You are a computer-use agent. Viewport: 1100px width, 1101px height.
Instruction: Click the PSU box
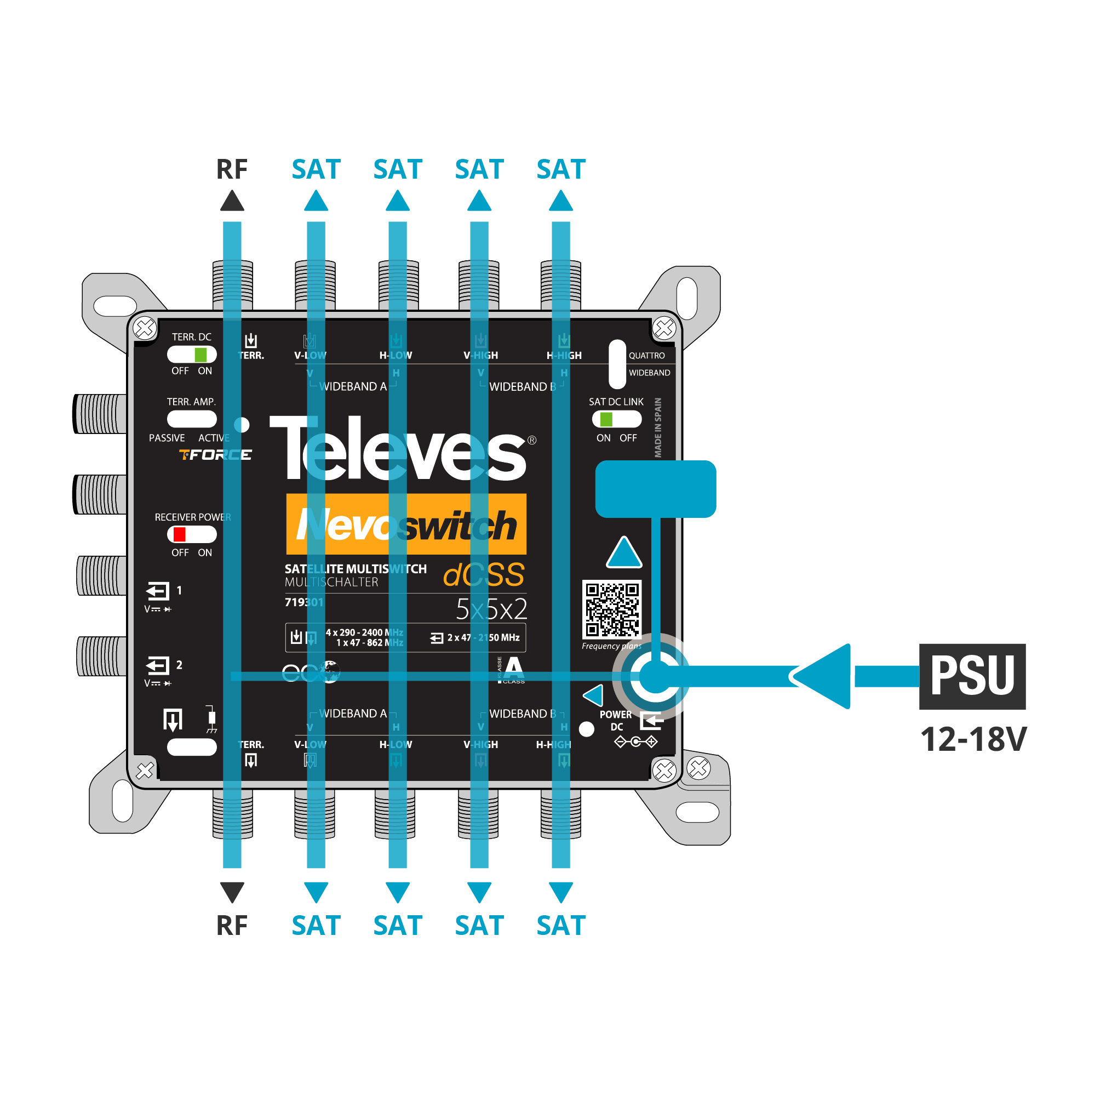click(x=972, y=676)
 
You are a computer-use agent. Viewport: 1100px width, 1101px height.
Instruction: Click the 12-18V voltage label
click(x=973, y=739)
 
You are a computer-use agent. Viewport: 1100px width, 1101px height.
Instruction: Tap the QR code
click(x=612, y=609)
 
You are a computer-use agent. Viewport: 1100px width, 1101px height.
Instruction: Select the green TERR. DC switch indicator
click(x=200, y=355)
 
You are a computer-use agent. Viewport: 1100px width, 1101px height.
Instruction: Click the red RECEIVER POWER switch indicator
click(x=180, y=534)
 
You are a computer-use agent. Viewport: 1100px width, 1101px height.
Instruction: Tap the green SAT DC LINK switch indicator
click(x=606, y=419)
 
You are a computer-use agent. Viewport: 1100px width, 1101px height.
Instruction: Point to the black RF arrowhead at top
click(x=232, y=201)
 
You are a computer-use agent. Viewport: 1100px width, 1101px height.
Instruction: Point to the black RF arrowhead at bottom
click(x=232, y=891)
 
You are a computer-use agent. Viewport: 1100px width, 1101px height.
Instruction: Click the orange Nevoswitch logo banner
click(x=405, y=524)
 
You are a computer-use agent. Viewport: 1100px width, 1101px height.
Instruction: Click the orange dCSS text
click(x=484, y=574)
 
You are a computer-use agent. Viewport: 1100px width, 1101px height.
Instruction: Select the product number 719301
click(x=303, y=602)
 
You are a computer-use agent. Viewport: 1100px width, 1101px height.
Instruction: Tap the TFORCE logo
click(x=215, y=455)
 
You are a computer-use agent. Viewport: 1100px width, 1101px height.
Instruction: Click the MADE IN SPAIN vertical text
click(x=658, y=427)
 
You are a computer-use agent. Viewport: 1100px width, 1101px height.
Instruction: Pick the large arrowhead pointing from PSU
click(x=823, y=676)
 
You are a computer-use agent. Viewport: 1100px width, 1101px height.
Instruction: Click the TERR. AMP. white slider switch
click(x=191, y=419)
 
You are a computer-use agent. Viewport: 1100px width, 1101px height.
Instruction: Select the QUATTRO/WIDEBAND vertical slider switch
click(x=617, y=364)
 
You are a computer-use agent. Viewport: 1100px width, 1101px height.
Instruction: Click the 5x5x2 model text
click(x=491, y=609)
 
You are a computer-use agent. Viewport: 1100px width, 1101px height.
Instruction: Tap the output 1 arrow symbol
click(x=158, y=591)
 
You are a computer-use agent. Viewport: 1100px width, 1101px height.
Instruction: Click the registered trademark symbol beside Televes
click(x=531, y=440)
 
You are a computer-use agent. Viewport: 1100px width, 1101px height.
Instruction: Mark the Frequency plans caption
click(x=611, y=646)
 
